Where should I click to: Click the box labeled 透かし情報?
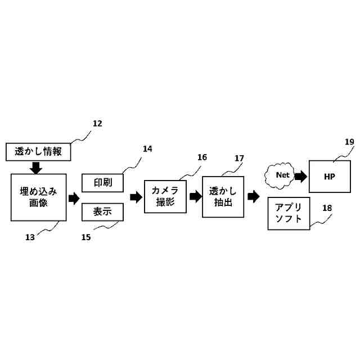click(39, 151)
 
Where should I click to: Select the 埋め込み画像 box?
click(39, 197)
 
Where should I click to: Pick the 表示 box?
click(103, 212)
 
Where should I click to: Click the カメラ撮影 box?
click(165, 196)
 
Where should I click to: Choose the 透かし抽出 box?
click(223, 196)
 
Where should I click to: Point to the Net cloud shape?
click(282, 175)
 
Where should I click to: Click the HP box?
click(330, 176)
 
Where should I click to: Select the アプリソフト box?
click(289, 213)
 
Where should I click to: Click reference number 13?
click(30, 237)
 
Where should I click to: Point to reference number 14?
click(147, 149)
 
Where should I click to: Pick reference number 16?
click(202, 157)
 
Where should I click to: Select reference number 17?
click(239, 158)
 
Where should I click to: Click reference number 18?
click(327, 208)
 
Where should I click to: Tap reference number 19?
click(349, 142)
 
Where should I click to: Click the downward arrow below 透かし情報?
click(36, 166)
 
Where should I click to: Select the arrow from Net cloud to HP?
click(301, 176)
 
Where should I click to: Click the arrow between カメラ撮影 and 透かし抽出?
click(195, 196)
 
